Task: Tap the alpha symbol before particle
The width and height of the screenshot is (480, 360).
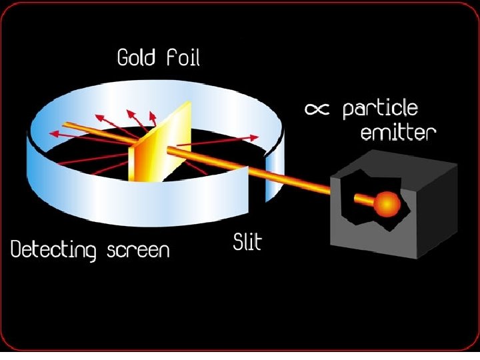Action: click(318, 110)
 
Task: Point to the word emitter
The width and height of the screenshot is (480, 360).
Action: click(398, 133)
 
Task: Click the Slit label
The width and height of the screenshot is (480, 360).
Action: click(247, 241)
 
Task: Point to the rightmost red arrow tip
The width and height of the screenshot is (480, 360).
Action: click(257, 136)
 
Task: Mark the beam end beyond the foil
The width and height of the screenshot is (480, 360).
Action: click(65, 123)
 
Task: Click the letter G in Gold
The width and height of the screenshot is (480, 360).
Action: click(124, 58)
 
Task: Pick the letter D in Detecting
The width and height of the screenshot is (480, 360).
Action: click(17, 251)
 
